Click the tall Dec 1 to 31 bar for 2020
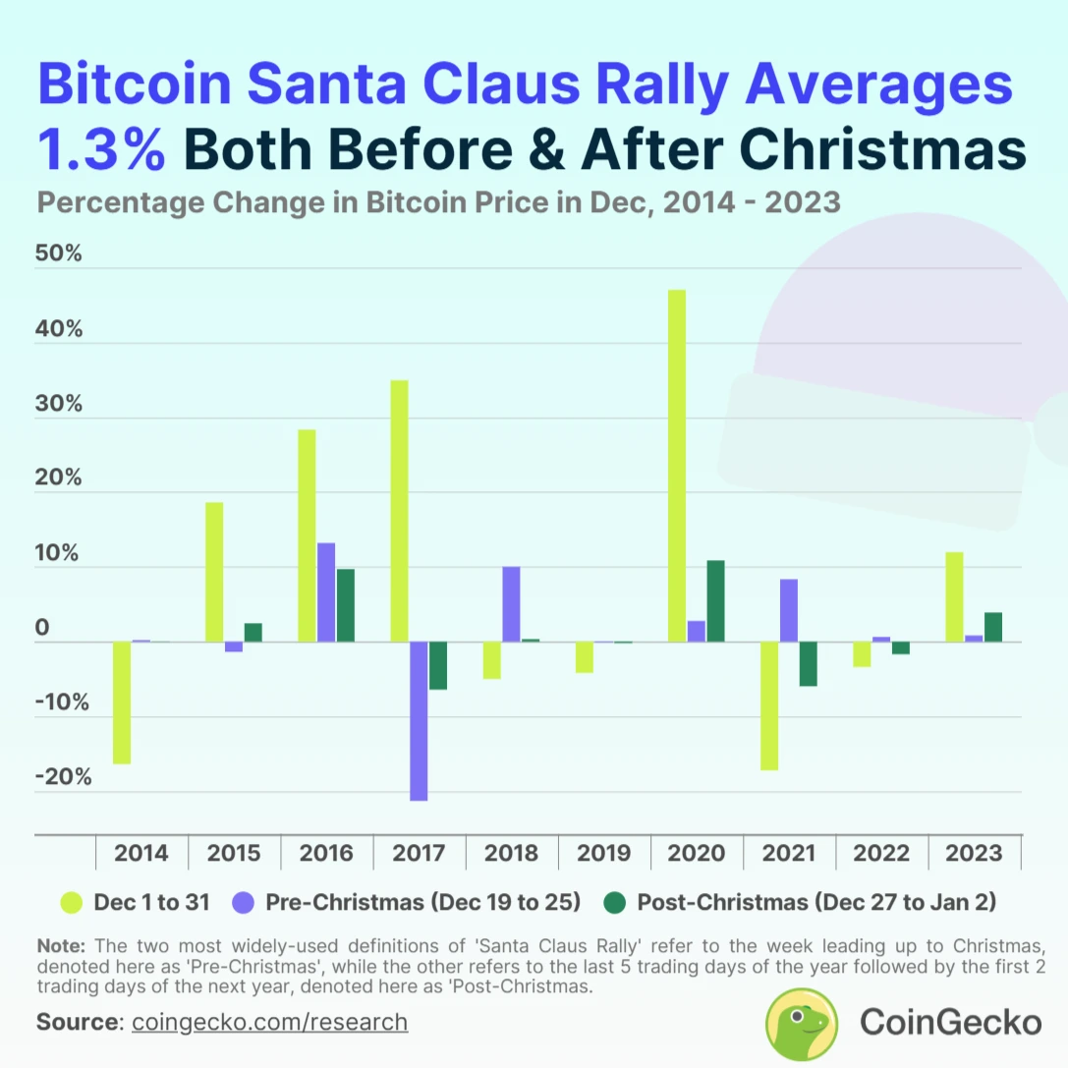click(677, 466)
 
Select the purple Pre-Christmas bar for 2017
click(419, 721)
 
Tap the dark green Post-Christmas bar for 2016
click(346, 605)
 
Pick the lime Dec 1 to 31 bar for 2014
click(122, 703)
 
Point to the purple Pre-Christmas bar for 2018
click(511, 604)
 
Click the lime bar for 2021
click(769, 705)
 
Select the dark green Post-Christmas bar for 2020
click(715, 601)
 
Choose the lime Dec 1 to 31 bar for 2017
click(399, 511)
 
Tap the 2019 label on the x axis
click(604, 853)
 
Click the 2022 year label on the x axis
click(881, 853)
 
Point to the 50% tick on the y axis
click(59, 254)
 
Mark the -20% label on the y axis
click(63, 777)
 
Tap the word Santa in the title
click(317, 85)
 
